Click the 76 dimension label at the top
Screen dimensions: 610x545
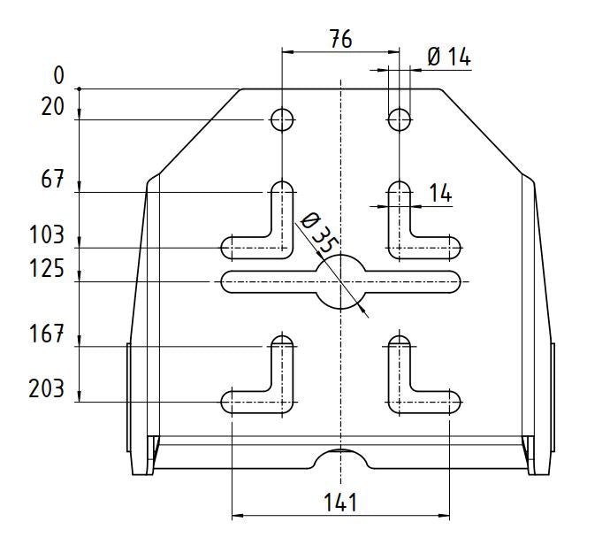coord(340,39)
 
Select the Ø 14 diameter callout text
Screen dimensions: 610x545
coord(449,57)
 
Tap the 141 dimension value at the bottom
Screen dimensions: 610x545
coord(340,503)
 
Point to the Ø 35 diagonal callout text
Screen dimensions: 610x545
coord(318,233)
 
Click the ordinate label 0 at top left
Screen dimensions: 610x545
coord(58,75)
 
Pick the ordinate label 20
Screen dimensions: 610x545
coord(52,107)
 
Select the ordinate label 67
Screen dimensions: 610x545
coord(52,180)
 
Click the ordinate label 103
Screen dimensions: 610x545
coord(47,235)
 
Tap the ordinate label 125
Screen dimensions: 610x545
coord(47,269)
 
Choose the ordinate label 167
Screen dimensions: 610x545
coord(47,334)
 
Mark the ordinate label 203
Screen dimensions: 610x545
coord(47,388)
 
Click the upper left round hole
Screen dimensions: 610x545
coord(282,119)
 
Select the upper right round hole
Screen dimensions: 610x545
coord(399,119)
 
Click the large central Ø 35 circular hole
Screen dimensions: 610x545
coord(340,281)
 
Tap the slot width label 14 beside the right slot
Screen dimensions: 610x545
coord(440,193)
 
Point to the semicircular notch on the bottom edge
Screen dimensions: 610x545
coord(340,458)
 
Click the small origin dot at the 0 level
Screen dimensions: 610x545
coord(79,88)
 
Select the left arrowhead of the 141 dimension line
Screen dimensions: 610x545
coord(238,516)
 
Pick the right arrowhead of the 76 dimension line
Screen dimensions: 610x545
coord(393,51)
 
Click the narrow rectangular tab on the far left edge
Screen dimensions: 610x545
coord(129,397)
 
